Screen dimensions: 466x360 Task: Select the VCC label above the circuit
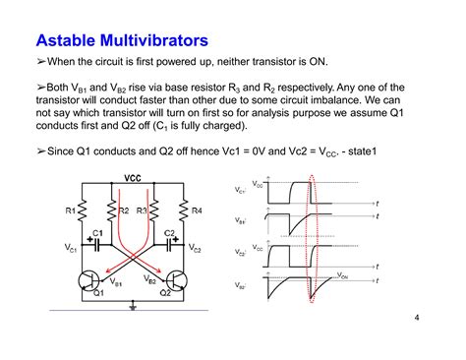coord(134,178)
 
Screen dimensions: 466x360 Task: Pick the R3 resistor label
coord(142,210)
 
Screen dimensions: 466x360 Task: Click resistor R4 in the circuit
coord(182,211)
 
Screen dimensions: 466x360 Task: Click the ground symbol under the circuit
coord(134,306)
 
